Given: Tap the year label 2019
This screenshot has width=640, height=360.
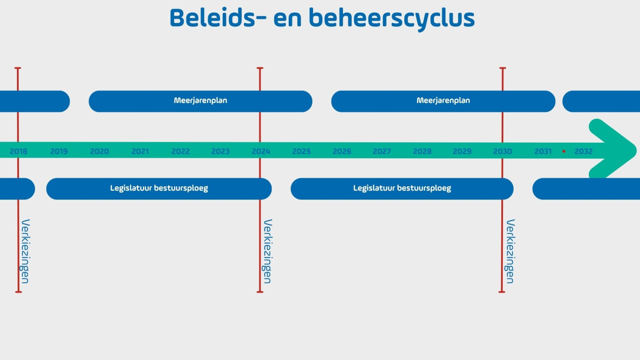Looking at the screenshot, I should (59, 151).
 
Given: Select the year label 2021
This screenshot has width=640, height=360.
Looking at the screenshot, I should (140, 151).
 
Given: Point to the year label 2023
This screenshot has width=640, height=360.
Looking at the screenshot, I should (220, 151).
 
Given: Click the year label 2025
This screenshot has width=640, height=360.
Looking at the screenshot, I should (301, 151).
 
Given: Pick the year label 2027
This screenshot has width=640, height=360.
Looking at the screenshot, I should (382, 151).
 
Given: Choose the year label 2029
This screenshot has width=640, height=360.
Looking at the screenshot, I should (462, 151).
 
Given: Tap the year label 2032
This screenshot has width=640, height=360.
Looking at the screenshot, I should (583, 151).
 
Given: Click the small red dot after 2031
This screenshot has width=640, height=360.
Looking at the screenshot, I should (564, 151).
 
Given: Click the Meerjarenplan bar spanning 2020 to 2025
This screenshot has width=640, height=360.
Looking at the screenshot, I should (200, 101).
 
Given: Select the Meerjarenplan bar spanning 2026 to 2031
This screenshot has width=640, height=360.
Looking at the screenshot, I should (443, 101).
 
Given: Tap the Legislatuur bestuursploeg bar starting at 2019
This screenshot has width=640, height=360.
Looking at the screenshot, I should (159, 188).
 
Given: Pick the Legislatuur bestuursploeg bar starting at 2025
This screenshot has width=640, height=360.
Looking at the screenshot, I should (402, 188).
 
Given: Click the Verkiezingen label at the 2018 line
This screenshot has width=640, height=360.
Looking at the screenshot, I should (25, 251).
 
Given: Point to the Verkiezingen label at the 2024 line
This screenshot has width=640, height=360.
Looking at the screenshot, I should (268, 251).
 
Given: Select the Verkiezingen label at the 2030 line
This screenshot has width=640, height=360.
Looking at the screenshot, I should (510, 251).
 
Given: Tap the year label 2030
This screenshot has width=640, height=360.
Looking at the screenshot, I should (503, 151).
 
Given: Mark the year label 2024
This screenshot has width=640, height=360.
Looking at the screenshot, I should (261, 151).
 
